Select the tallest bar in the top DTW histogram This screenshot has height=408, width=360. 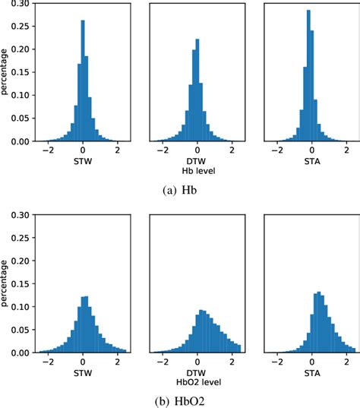click(197, 91)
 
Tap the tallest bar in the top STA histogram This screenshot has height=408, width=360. click(308, 76)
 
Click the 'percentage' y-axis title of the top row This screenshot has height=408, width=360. click(6, 72)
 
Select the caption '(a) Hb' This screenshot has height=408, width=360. click(179, 189)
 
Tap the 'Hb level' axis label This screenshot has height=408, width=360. click(197, 172)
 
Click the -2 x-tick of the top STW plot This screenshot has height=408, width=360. click(47, 150)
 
